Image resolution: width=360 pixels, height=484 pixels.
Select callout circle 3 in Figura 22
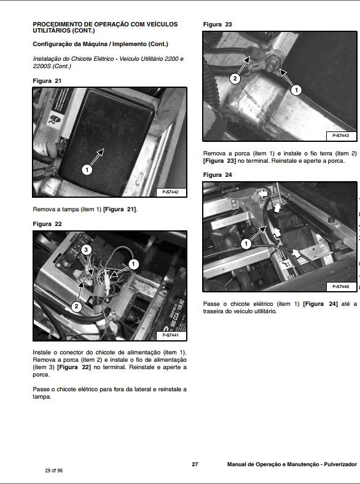click(x=87, y=250)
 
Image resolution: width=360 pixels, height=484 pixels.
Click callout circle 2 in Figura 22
click(x=77, y=305)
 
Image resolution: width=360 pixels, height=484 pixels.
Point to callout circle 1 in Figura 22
click(x=134, y=264)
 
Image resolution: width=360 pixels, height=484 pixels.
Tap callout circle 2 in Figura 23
click(x=235, y=79)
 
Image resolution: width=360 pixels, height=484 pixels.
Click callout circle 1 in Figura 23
click(x=295, y=90)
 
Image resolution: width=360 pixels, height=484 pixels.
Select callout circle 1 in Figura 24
click(x=246, y=244)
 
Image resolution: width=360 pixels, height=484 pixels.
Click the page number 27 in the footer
click(x=194, y=464)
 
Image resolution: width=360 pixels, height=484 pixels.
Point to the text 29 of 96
click(x=53, y=470)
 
